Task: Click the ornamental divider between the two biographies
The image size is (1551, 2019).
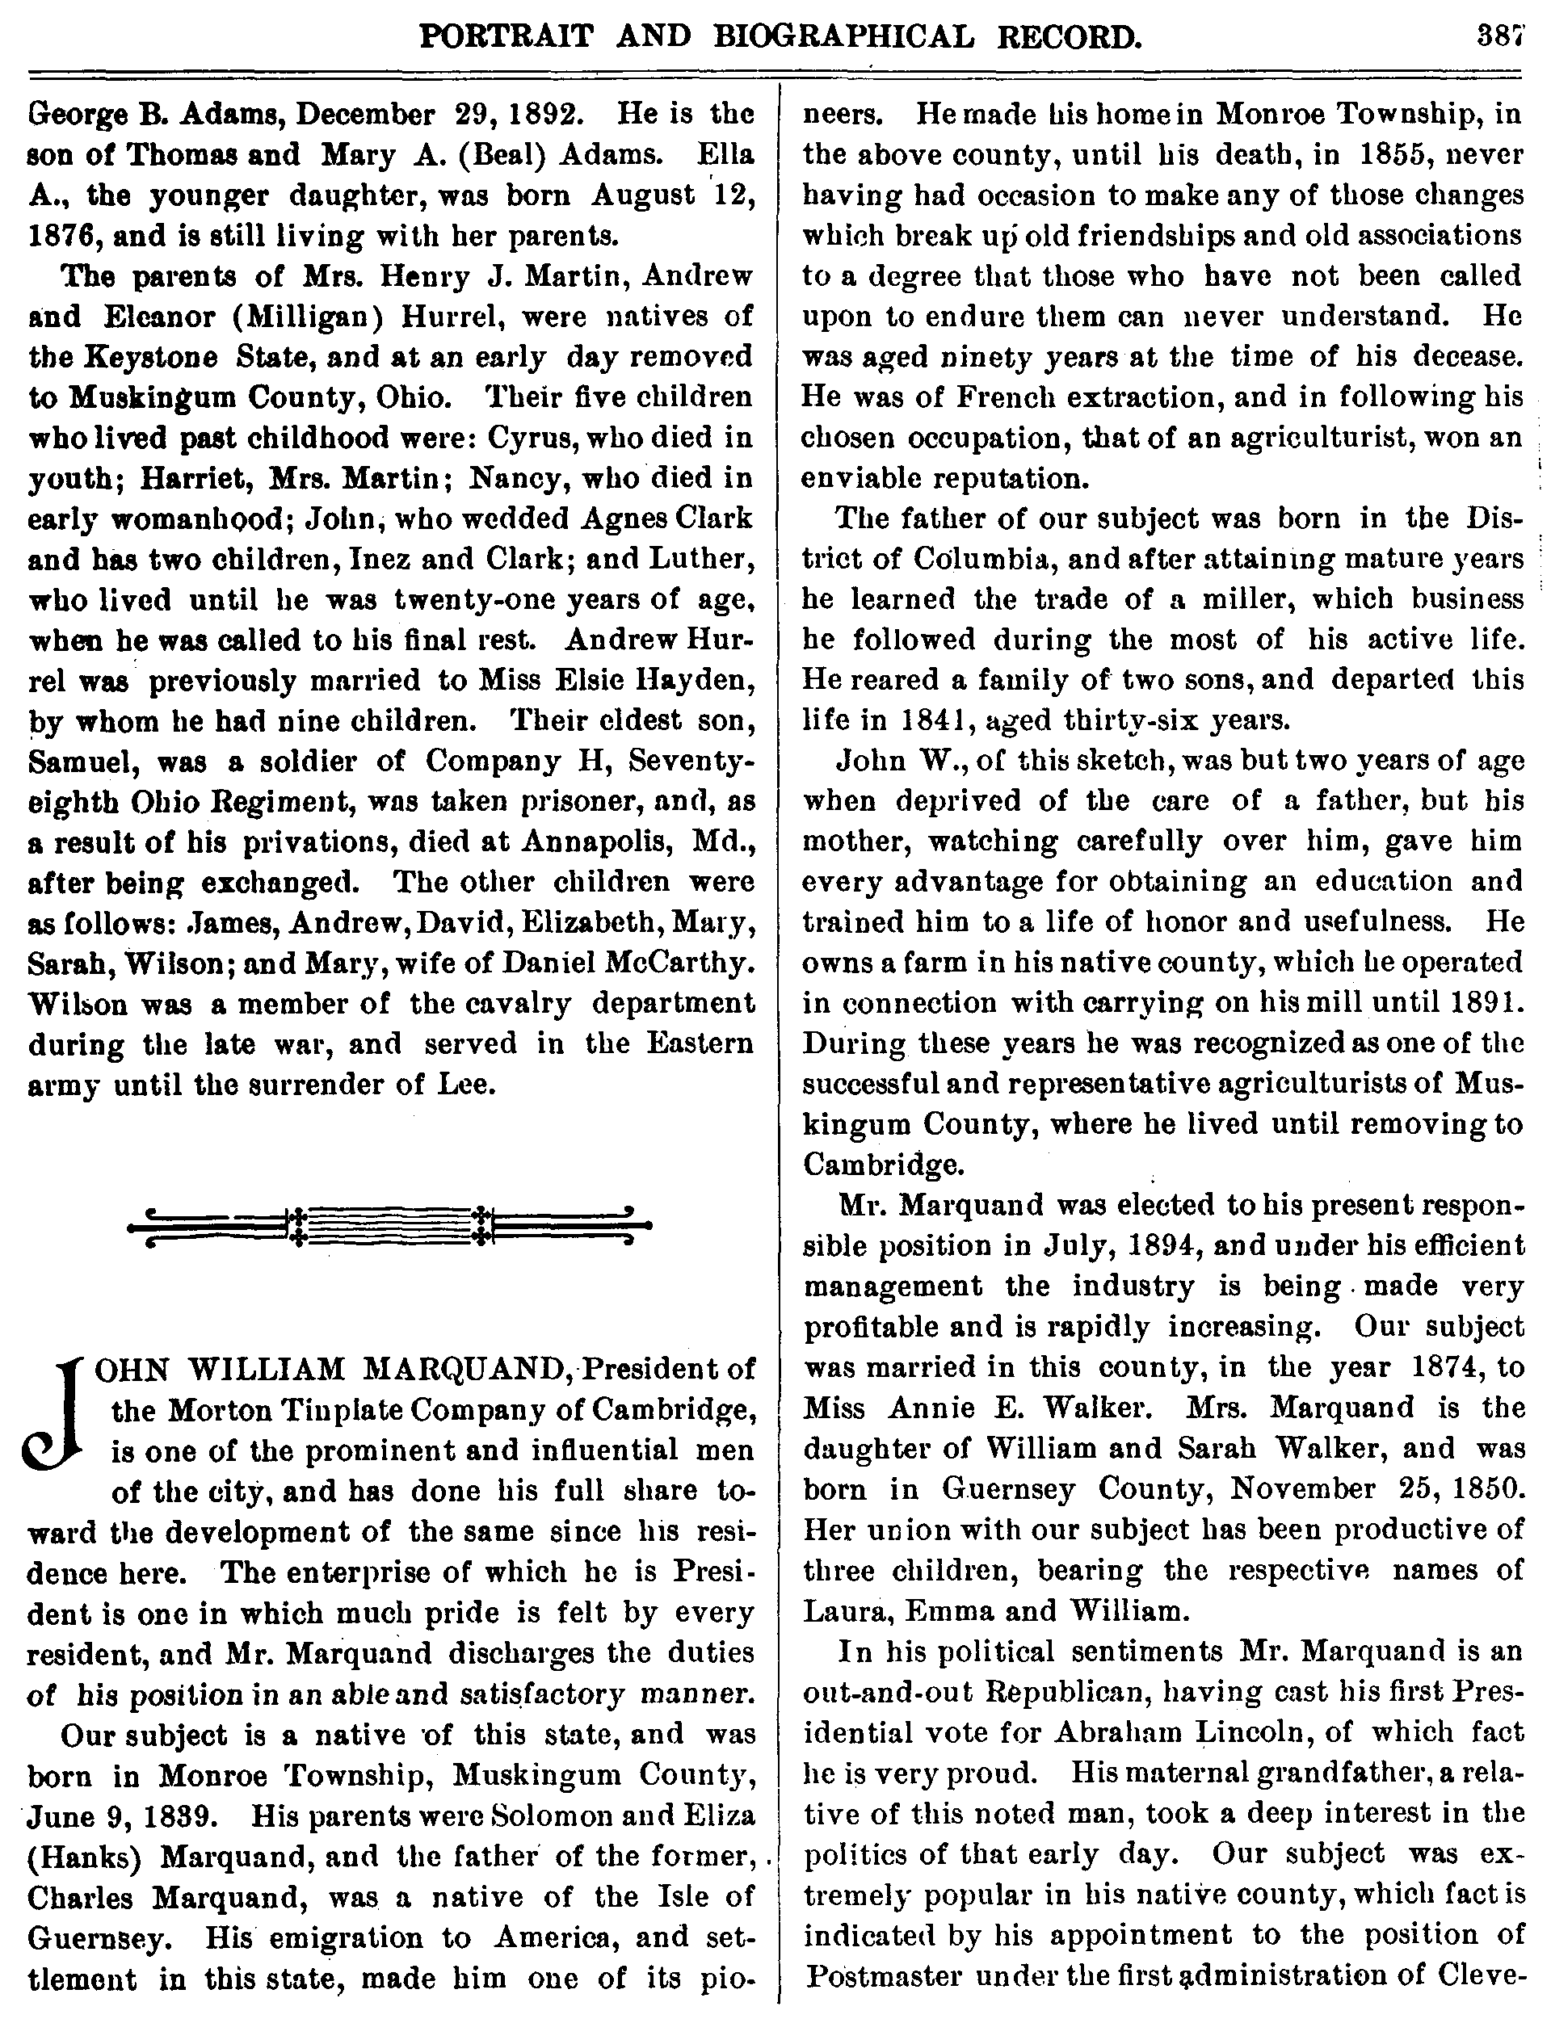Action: pyautogui.click(x=389, y=1225)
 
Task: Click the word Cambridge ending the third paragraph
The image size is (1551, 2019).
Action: pyautogui.click(x=880, y=1165)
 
